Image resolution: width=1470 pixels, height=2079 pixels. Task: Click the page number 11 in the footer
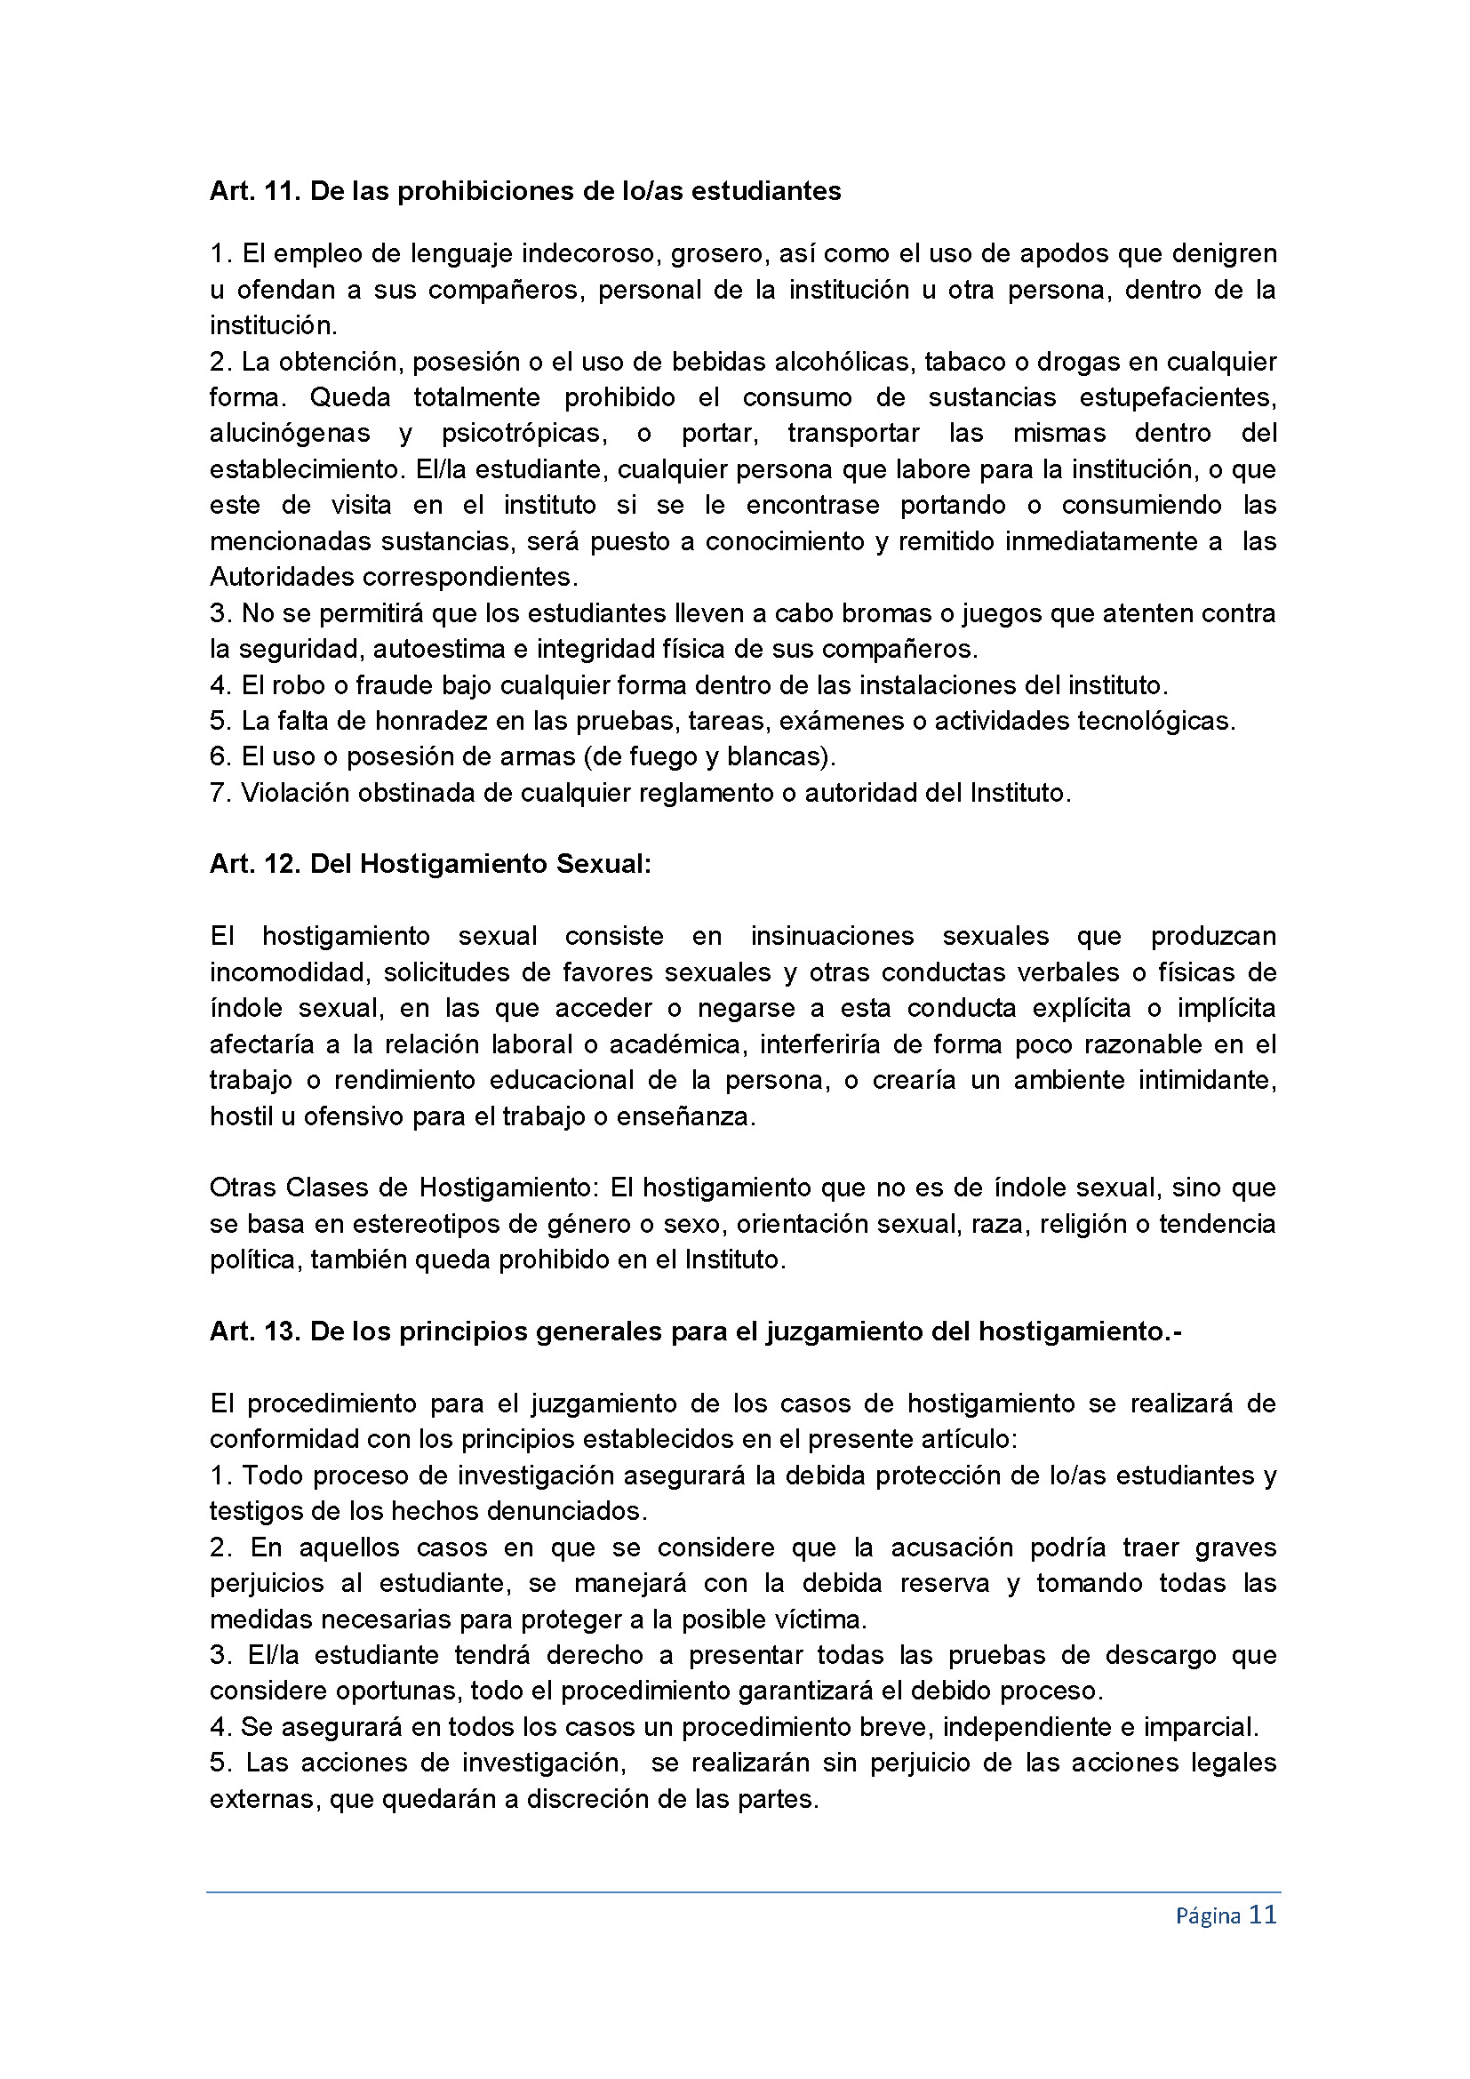pyautogui.click(x=1262, y=1915)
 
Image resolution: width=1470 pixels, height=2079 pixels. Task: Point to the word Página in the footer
pyautogui.click(x=1208, y=1916)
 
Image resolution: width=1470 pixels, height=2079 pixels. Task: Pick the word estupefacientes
pyautogui.click(x=1177, y=397)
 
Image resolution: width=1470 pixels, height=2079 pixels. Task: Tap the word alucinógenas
pyautogui.click(x=290, y=433)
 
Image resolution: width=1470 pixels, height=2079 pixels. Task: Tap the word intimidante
pyautogui.click(x=1207, y=1080)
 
